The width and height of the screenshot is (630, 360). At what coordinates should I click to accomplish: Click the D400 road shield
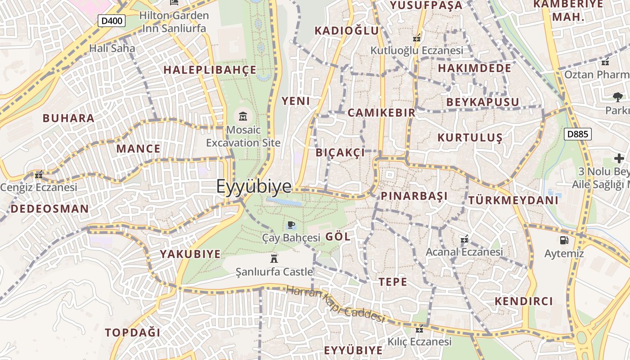(112, 21)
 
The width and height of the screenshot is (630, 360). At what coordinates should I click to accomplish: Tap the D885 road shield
(577, 134)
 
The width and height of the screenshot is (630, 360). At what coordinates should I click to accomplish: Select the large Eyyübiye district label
(254, 187)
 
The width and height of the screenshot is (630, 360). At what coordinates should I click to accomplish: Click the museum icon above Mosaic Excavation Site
(243, 116)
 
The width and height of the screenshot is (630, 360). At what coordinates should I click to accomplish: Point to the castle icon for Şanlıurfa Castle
(273, 258)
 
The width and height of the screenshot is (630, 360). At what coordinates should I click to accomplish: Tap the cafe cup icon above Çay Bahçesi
(291, 225)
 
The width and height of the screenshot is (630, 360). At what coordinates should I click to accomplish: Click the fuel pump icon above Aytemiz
(564, 240)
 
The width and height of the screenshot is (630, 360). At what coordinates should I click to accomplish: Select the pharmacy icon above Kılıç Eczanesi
(419, 329)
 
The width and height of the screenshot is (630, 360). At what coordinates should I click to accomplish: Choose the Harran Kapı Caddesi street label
(335, 305)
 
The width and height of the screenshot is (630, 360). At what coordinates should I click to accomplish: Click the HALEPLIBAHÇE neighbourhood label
(210, 70)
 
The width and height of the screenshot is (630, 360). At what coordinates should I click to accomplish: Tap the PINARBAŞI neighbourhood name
(414, 196)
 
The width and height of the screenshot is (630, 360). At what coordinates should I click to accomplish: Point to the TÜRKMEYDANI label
(513, 200)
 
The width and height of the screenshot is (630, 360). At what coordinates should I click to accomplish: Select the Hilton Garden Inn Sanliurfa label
(174, 22)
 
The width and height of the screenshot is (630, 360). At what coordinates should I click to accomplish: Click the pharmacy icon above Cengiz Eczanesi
(39, 175)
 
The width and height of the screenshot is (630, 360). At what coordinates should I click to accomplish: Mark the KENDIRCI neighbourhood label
(524, 301)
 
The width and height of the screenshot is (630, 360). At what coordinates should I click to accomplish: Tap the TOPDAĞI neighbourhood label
(133, 333)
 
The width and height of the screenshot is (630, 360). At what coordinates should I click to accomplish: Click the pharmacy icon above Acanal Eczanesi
(464, 239)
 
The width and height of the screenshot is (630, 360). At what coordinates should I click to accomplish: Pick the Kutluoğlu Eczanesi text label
(416, 50)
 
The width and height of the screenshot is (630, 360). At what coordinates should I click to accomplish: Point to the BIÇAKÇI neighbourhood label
(340, 153)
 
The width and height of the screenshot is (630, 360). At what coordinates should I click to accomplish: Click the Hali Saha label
(112, 48)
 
